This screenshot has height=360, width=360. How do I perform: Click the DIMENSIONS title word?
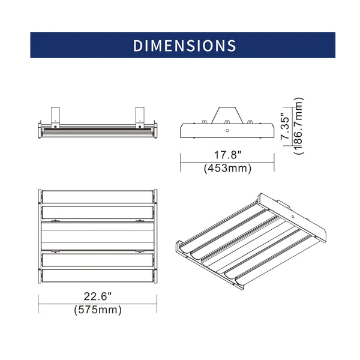185,46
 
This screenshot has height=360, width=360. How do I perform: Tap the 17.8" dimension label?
228,155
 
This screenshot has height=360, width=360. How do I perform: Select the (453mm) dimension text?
227,168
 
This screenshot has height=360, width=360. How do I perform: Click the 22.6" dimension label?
97,296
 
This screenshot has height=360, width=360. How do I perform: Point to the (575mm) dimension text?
98,310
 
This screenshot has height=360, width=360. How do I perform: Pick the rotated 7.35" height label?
286,126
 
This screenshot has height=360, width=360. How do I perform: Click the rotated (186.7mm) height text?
299,126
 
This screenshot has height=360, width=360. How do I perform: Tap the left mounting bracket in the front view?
55,118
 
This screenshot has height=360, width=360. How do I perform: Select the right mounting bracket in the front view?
140,118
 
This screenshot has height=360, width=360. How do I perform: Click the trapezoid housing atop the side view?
227,115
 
